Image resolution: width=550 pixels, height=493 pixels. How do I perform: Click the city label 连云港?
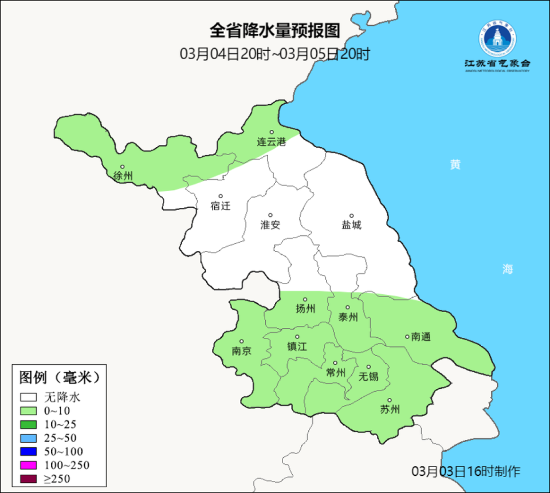click(271, 142)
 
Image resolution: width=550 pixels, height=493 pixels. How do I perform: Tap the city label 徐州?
click(123, 176)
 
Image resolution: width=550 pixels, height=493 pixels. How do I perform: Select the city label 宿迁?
click(221, 206)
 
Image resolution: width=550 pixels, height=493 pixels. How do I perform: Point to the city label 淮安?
click(270, 225)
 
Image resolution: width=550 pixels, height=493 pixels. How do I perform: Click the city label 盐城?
click(352, 225)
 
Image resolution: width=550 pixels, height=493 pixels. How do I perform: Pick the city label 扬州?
click(305, 309)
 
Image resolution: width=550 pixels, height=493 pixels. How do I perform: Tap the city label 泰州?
click(348, 317)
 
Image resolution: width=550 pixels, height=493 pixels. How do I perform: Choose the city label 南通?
click(421, 337)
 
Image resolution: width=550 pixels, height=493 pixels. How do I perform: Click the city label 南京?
click(242, 351)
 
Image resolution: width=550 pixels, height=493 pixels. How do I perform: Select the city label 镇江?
click(297, 346)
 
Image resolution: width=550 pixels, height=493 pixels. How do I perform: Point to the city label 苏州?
click(390, 409)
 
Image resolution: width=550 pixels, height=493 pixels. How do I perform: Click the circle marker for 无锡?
click(369, 367)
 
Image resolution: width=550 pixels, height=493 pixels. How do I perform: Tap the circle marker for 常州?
click(335, 363)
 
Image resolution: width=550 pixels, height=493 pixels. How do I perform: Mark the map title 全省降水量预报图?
click(275, 29)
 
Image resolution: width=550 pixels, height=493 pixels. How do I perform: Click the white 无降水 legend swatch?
click(28, 397)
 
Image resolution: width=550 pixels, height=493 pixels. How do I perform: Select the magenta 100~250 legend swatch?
click(28, 464)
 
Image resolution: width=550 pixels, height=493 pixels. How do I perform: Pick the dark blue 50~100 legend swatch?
click(28, 451)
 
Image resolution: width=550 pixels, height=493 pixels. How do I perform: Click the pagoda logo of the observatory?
click(497, 40)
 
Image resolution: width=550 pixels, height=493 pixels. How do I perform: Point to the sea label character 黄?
click(455, 165)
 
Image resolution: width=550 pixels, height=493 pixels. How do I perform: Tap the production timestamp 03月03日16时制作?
click(466, 471)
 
